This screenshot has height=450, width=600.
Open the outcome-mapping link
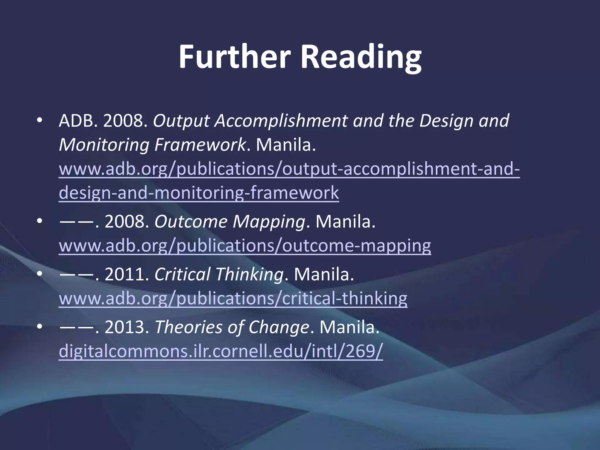(245, 246)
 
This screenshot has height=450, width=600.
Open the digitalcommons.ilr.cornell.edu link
(221, 351)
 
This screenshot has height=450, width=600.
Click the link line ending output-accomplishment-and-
(289, 169)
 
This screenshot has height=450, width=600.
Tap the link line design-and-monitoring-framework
(199, 193)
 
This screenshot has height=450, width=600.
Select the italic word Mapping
(269, 222)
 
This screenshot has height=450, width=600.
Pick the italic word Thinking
(249, 275)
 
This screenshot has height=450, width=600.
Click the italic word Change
(279, 327)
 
